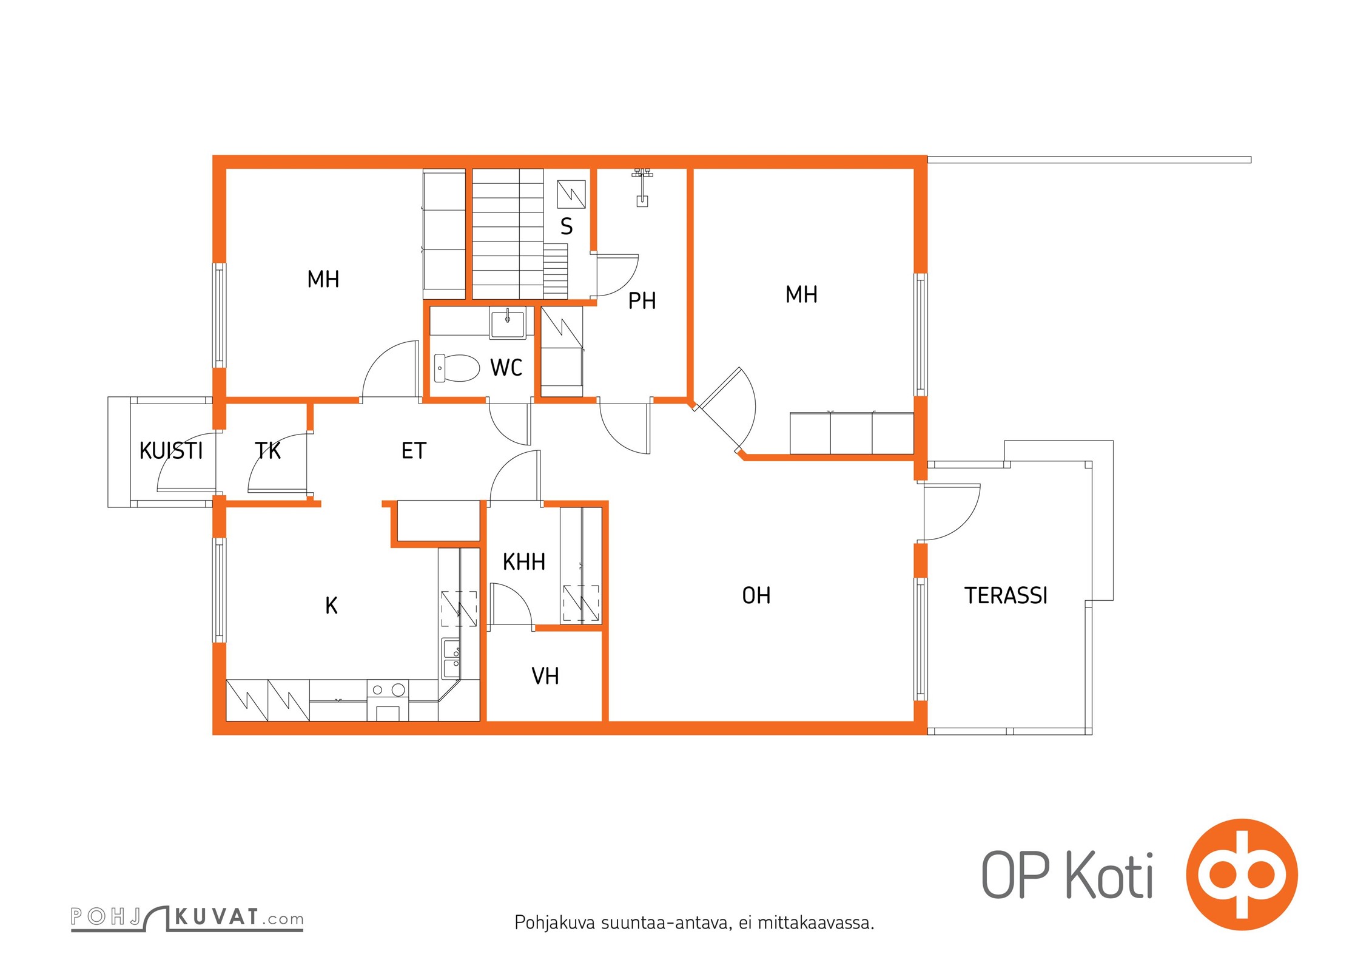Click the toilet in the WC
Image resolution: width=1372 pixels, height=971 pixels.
pyautogui.click(x=457, y=368)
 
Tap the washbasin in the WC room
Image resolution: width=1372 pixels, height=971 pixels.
pyautogui.click(x=508, y=323)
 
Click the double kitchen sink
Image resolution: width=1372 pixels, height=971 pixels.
pyautogui.click(x=451, y=658)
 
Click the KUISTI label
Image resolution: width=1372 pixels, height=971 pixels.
pyautogui.click(x=171, y=451)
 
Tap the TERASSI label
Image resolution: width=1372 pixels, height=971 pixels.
pyautogui.click(x=1006, y=595)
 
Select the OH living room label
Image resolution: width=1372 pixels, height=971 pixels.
pyautogui.click(x=756, y=595)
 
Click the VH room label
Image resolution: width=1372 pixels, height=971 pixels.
pyautogui.click(x=545, y=676)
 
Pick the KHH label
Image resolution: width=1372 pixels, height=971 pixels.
pyautogui.click(x=524, y=562)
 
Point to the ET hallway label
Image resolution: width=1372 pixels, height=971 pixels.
pyautogui.click(x=414, y=451)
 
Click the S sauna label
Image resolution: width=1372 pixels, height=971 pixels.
pyautogui.click(x=567, y=226)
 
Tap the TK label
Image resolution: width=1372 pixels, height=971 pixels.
pyautogui.click(x=267, y=451)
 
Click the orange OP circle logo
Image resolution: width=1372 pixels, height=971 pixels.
pyautogui.click(x=1242, y=875)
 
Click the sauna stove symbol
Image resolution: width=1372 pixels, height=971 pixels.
pyautogui.click(x=571, y=194)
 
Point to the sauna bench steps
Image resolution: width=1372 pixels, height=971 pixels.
pyautogui.click(x=555, y=271)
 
